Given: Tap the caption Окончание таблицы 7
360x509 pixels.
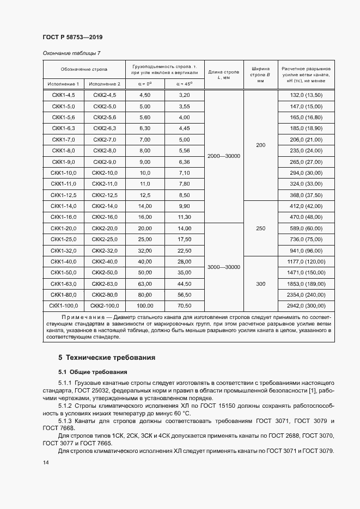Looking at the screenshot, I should [71, 53].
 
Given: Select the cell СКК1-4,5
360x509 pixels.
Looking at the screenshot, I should [64, 95].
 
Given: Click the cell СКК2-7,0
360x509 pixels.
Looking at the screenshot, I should [105, 140].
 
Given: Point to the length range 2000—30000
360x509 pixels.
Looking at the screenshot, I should [224, 156].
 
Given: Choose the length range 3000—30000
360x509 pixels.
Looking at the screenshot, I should [224, 267].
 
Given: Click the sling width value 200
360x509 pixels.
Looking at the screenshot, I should [260, 145].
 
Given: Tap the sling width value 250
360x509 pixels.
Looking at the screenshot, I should [260, 229].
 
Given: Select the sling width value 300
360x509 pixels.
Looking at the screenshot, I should [260, 284].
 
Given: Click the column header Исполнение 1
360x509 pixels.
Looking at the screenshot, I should [63, 84].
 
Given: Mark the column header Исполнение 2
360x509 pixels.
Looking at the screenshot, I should [105, 84].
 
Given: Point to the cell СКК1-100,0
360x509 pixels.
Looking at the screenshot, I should [64, 305].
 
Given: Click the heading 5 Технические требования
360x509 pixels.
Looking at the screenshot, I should [107, 358].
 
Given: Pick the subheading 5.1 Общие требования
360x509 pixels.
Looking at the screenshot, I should [93, 372].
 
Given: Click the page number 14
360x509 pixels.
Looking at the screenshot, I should [46, 462].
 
